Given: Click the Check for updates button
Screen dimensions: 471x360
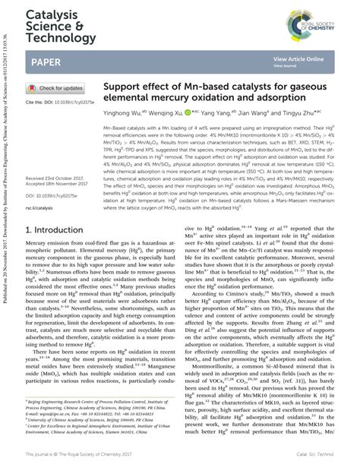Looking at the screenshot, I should point(55,88).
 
